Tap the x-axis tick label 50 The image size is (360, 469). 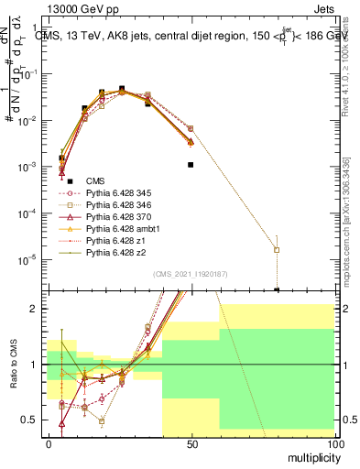coord(191,442)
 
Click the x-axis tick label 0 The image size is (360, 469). coord(49,442)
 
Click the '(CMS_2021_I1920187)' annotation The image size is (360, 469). coord(190,274)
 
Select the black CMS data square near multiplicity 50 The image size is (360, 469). coord(191,165)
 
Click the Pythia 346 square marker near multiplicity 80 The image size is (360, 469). coord(277,249)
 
